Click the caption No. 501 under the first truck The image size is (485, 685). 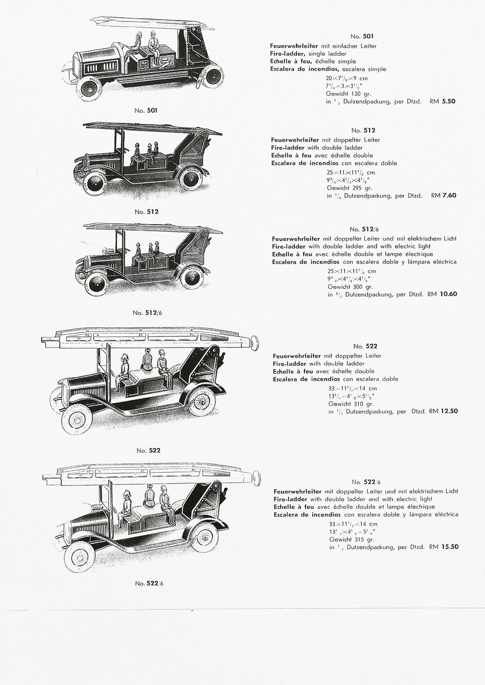[146, 111]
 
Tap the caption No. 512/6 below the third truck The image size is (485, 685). [147, 313]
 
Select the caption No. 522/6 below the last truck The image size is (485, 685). [149, 583]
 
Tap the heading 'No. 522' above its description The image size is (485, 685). [365, 346]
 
